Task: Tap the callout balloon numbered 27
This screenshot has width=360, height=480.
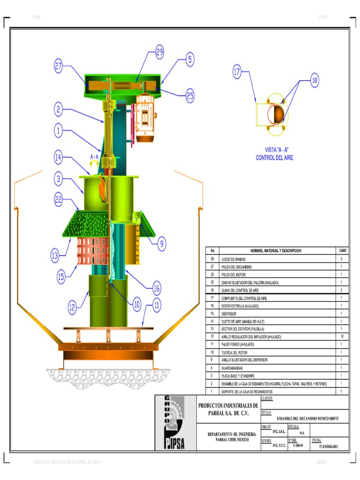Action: tap(58, 67)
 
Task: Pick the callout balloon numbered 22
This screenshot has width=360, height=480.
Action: tap(59, 199)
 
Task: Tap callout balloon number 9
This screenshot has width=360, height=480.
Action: tap(161, 243)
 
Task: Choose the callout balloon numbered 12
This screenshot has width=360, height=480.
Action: tap(72, 307)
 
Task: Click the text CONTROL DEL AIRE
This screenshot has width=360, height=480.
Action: tap(274, 158)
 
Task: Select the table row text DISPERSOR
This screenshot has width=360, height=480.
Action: tap(229, 314)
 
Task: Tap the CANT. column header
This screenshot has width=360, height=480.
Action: tap(343, 251)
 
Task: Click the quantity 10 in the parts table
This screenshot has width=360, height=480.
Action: tap(342, 337)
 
